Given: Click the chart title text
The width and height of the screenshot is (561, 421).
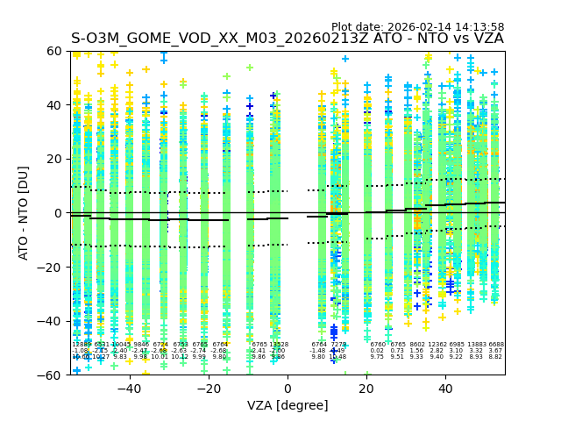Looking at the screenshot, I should pyautogui.click(x=288, y=39).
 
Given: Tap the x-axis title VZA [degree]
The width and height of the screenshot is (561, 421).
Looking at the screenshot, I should pyautogui.click(x=288, y=405).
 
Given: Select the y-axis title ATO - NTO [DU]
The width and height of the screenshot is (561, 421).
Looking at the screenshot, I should pyautogui.click(x=24, y=213).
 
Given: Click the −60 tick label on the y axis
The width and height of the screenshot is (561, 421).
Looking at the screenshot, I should pyautogui.click(x=52, y=375).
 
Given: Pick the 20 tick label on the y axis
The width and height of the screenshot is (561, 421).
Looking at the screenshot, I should pyautogui.click(x=56, y=159).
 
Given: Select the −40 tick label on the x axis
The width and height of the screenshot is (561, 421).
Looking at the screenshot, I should pyautogui.click(x=129, y=389).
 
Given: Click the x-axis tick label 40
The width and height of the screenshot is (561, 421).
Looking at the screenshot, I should pyautogui.click(x=445, y=389).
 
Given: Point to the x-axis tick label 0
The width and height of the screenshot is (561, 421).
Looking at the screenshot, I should pyautogui.click(x=288, y=389).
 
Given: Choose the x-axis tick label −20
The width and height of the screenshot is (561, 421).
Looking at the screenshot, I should pyautogui.click(x=208, y=389).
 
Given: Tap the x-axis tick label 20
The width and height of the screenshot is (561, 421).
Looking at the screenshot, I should pyautogui.click(x=366, y=389).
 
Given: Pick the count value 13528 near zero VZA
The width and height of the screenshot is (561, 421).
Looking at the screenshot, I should pyautogui.click(x=279, y=345).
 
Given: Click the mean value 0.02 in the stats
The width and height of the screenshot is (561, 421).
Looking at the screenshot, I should pyautogui.click(x=377, y=351).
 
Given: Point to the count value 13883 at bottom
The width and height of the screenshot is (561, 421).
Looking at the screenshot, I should pyautogui.click(x=476, y=345).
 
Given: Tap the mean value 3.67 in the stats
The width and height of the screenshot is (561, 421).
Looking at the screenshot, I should pyautogui.click(x=495, y=351).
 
